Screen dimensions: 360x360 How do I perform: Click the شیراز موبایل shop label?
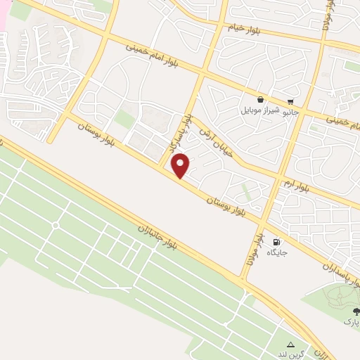pos(262,111)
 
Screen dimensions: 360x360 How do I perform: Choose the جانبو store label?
pos(292,111)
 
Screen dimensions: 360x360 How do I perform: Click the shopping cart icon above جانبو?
pos(290,101)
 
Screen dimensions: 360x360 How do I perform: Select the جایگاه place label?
pos(276,254)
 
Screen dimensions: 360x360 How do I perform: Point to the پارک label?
pos(352,321)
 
